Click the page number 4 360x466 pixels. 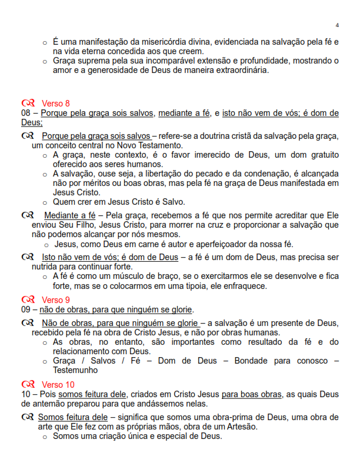(337, 25)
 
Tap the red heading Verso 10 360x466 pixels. (58, 385)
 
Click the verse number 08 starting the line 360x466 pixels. (25, 113)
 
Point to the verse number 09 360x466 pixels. (25, 309)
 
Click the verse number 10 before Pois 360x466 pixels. (25, 394)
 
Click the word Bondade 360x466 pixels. (254, 361)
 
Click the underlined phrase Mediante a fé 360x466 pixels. (70, 215)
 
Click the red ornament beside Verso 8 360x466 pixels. (28, 104)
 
